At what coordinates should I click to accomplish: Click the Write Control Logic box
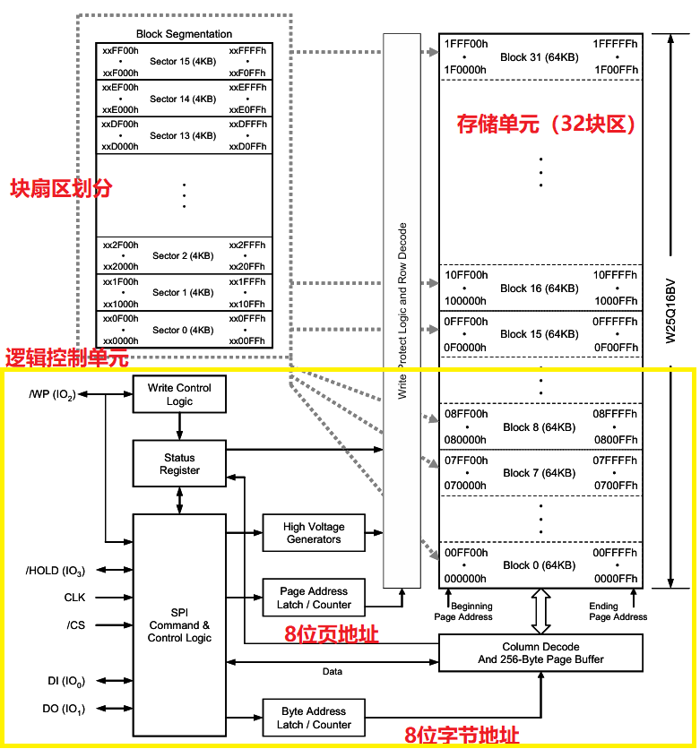pyautogui.click(x=179, y=394)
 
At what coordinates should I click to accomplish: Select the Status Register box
pyautogui.click(x=179, y=463)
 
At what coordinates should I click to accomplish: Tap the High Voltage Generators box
pyautogui.click(x=313, y=533)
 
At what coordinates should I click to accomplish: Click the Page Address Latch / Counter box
pyautogui.click(x=313, y=598)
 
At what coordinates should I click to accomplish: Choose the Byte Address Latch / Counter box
pyautogui.click(x=313, y=718)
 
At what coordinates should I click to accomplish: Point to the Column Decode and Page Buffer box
pyautogui.click(x=540, y=653)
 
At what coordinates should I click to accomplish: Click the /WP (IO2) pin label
pyautogui.click(x=51, y=394)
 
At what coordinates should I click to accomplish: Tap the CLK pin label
pyautogui.click(x=75, y=597)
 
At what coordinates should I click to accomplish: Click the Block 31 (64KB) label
pyautogui.click(x=540, y=57)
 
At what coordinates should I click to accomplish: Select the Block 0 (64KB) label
pyautogui.click(x=540, y=565)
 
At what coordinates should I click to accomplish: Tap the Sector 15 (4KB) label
pyautogui.click(x=183, y=62)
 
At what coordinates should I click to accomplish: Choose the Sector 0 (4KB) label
pyautogui.click(x=183, y=330)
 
